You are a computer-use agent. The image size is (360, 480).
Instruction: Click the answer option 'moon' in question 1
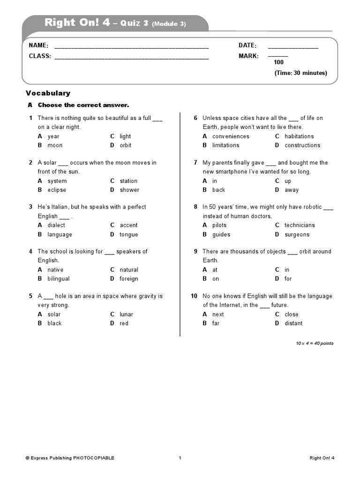[x=55, y=145]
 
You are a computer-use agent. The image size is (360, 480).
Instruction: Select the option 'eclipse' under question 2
[x=57, y=190]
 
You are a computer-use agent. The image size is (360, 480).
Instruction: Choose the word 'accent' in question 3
[x=128, y=225]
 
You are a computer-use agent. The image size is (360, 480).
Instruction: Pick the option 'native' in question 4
[x=55, y=270]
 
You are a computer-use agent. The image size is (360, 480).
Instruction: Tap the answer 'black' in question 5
[x=54, y=323]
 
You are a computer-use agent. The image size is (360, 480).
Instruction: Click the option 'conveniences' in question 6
[x=231, y=136]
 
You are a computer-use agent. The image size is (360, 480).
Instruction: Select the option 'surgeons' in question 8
[x=297, y=234]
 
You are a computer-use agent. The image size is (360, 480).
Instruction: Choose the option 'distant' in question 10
[x=293, y=323]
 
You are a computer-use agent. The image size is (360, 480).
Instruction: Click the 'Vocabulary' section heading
[x=48, y=93]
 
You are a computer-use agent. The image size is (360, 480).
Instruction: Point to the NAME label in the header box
[x=38, y=45]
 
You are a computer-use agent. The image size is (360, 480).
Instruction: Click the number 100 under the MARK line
[x=278, y=62]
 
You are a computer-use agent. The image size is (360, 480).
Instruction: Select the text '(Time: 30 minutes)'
[x=300, y=73]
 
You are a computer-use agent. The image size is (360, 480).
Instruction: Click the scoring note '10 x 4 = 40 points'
[x=315, y=344]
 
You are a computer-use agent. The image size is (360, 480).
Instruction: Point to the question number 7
[x=195, y=163]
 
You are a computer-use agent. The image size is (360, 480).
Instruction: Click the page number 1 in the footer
[x=180, y=458]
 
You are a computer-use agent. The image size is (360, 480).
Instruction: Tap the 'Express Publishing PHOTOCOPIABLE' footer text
[x=70, y=458]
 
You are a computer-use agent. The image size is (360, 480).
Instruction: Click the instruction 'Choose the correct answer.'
[x=83, y=105]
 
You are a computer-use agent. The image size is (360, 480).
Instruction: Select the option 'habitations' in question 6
[x=299, y=136]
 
